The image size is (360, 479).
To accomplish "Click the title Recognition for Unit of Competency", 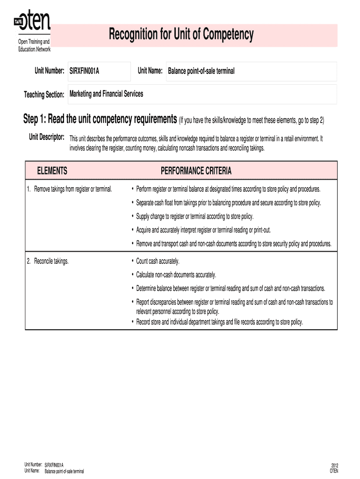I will pos(181,34).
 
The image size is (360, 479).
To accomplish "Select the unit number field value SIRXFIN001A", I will pos(84,71).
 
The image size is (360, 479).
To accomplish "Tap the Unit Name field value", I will pos(202,71).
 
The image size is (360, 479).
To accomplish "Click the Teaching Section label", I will pos(44,95).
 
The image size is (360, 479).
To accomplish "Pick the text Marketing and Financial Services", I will pos(107,94).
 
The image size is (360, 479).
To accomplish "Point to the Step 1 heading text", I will pos(100,120).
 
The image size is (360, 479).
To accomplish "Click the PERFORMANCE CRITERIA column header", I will pos(196,171).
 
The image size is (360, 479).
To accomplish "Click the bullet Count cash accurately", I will pos(158,261).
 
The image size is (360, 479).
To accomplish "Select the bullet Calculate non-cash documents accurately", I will pos(176,275).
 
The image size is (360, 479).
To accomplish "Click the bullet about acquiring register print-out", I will pos(203,230).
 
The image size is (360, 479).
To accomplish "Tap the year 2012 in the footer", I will pos(334,465).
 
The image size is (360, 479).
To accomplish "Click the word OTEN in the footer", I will pos(334,471).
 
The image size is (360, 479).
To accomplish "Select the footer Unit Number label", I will pos(33,465).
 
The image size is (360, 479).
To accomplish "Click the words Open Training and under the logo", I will pos(34,43).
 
